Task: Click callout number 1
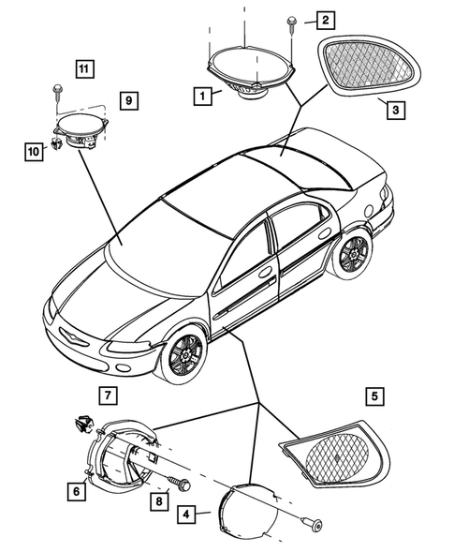pos(200,95)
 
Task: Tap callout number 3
pos(396,110)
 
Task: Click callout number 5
pos(374,397)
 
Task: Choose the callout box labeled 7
pos(109,395)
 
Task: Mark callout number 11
pos(85,68)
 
